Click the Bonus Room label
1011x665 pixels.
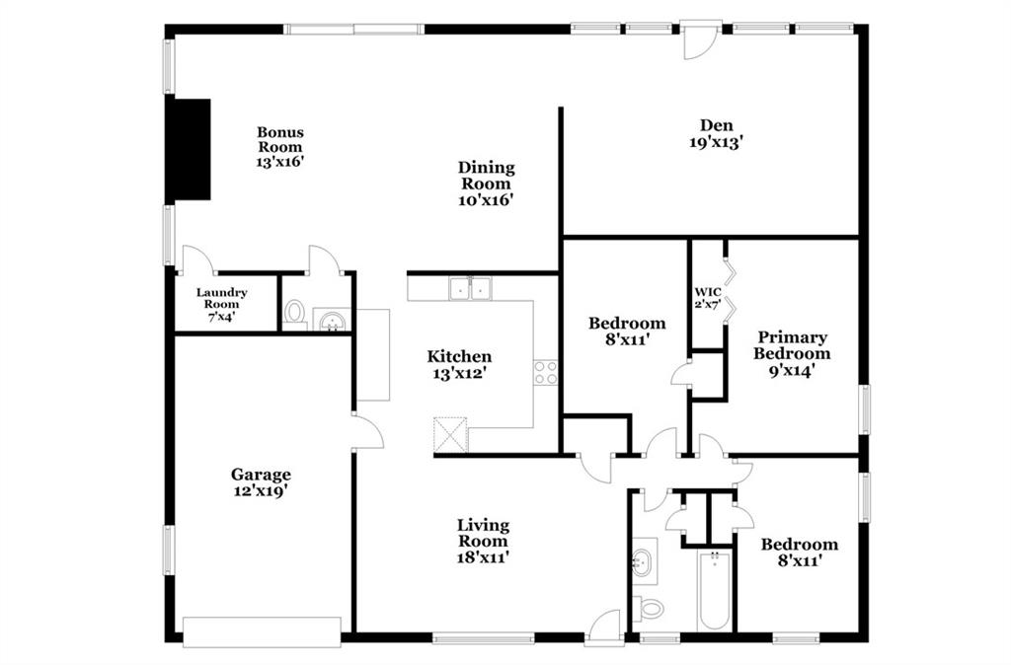[x=279, y=140]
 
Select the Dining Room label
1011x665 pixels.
[x=486, y=176]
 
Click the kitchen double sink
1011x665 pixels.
[x=470, y=289]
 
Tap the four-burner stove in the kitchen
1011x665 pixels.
[x=545, y=372]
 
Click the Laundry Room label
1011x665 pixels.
[x=222, y=298]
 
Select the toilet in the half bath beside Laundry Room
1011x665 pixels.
[x=294, y=314]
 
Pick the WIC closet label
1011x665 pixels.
[x=707, y=292]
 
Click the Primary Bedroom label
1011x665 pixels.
[x=792, y=345]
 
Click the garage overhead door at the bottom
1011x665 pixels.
[x=262, y=632]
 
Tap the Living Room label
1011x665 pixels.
[x=483, y=533]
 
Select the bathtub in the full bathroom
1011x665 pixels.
[x=715, y=590]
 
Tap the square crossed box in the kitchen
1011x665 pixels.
[x=450, y=434]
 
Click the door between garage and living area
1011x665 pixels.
[x=367, y=431]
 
